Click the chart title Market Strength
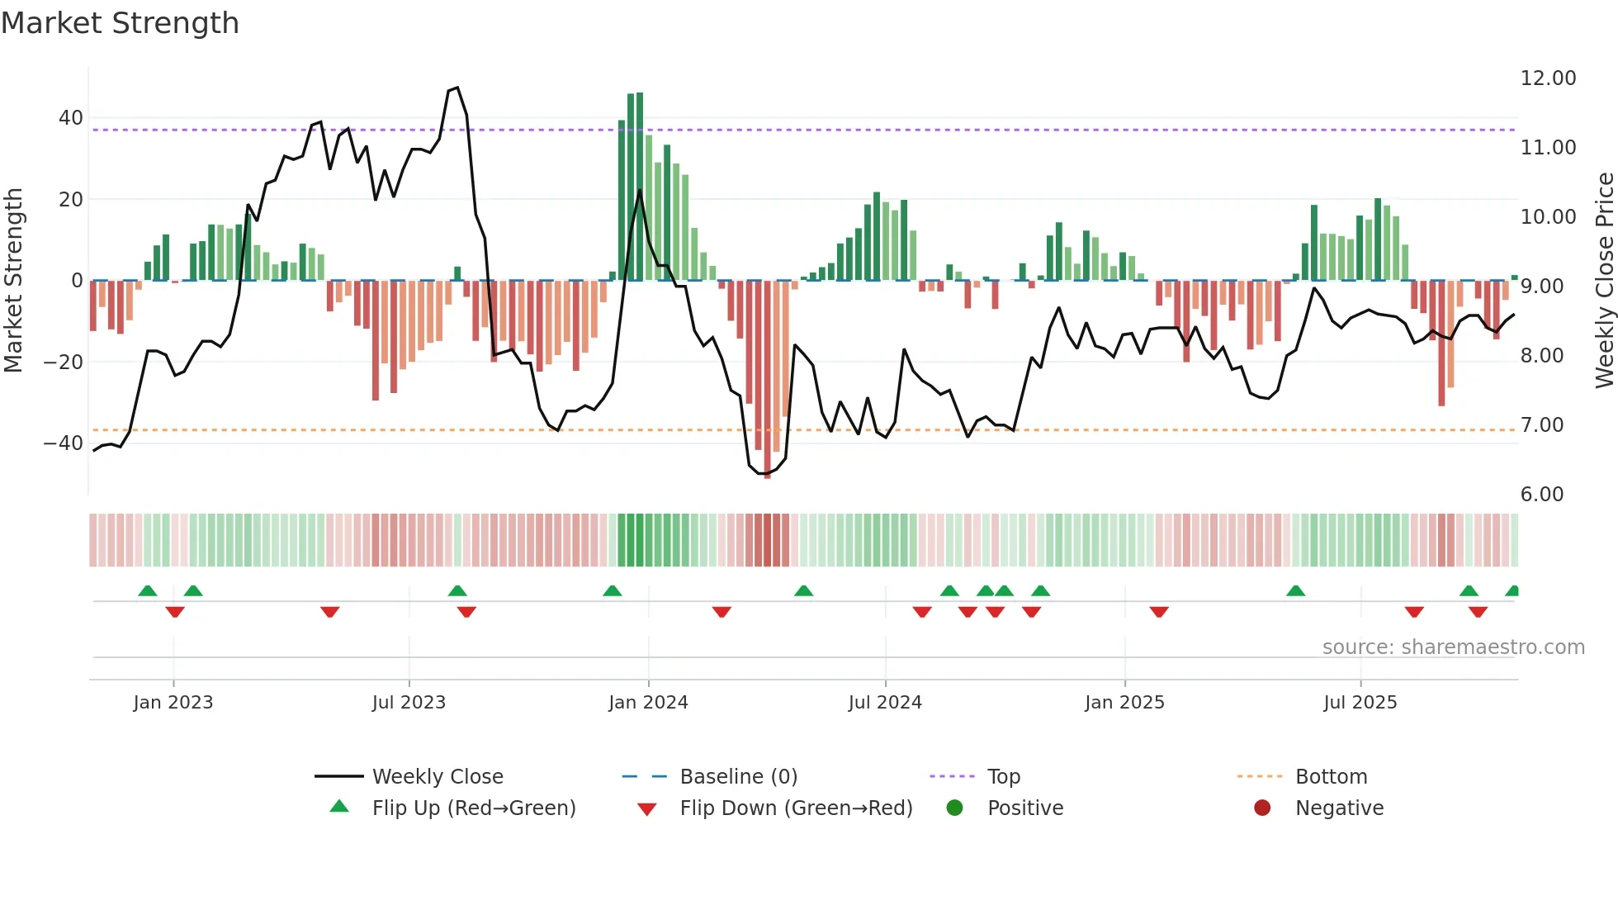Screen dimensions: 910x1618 (x=120, y=23)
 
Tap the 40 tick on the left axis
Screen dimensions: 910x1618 (x=71, y=118)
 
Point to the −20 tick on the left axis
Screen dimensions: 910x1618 (x=64, y=362)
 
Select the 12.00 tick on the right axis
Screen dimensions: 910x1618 (x=1548, y=78)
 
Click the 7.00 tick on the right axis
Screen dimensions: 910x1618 (x=1542, y=425)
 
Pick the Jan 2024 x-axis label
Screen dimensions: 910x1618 (x=648, y=703)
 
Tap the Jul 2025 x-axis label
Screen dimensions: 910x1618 (x=1360, y=703)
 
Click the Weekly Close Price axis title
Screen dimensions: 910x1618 (x=1604, y=280)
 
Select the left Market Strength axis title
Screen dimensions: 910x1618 (x=13, y=280)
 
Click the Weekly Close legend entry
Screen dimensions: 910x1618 (x=438, y=777)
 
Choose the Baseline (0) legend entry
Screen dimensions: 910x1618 (x=738, y=777)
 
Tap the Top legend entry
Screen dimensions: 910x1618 (x=1004, y=777)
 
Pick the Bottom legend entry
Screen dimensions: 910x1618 (x=1331, y=777)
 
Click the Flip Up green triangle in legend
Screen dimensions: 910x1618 (x=339, y=807)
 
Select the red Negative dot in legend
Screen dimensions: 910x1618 (x=1262, y=808)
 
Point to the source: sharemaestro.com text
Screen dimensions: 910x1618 (x=1453, y=647)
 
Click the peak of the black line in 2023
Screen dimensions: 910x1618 (x=457, y=88)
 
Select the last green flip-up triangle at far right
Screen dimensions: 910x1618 (x=1512, y=591)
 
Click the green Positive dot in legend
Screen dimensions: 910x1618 (x=954, y=808)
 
